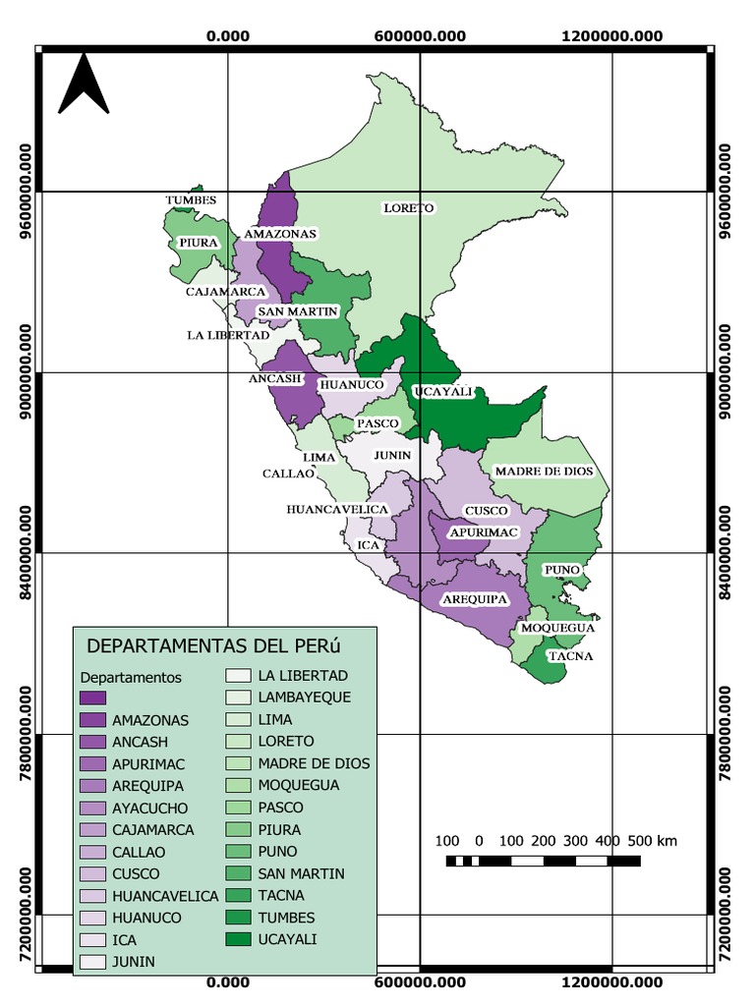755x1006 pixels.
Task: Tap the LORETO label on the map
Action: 408,208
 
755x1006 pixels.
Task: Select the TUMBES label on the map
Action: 191,199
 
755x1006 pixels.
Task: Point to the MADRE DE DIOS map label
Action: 544,472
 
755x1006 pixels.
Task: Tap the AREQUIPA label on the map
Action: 474,598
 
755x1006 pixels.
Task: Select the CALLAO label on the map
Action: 287,474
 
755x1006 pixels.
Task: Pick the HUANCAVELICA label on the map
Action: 337,509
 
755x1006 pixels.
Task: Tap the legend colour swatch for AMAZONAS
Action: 92,719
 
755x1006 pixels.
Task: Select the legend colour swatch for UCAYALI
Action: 238,939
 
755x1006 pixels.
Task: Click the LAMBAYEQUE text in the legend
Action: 305,698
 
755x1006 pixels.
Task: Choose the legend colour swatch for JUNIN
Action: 92,962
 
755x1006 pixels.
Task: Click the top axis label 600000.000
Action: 421,36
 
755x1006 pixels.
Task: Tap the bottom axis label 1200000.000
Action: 611,981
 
